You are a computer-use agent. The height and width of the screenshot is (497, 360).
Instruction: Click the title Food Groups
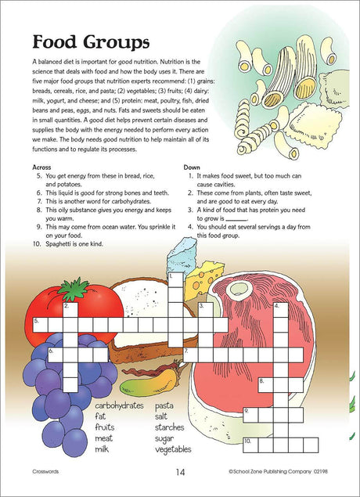(x=91, y=42)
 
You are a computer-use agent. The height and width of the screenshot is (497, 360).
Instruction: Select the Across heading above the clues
(x=41, y=167)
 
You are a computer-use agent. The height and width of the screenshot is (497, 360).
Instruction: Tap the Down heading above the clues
(x=192, y=167)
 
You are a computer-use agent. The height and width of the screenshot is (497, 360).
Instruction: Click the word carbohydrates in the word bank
(x=120, y=405)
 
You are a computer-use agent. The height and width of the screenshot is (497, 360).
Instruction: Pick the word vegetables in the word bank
(x=173, y=449)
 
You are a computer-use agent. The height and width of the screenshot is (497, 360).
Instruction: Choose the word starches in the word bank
(x=169, y=427)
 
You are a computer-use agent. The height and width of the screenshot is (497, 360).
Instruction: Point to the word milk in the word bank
(x=102, y=449)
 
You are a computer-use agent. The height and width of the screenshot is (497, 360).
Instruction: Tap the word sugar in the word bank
(x=164, y=438)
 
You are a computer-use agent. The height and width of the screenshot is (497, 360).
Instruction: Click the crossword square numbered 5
(x=40, y=325)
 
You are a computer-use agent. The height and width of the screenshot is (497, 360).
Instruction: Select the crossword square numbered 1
(x=175, y=280)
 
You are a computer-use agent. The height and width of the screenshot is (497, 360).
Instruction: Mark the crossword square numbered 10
(x=250, y=445)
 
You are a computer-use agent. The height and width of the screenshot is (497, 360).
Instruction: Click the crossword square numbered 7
(x=191, y=355)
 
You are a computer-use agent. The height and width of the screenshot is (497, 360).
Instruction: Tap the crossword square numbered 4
(x=281, y=310)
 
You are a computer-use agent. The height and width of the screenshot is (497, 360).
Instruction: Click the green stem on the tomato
(x=74, y=289)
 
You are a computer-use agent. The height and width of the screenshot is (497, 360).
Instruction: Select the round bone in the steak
(x=239, y=290)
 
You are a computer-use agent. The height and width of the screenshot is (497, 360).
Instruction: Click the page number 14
(x=180, y=472)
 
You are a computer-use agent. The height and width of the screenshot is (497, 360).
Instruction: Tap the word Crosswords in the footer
(x=45, y=471)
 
